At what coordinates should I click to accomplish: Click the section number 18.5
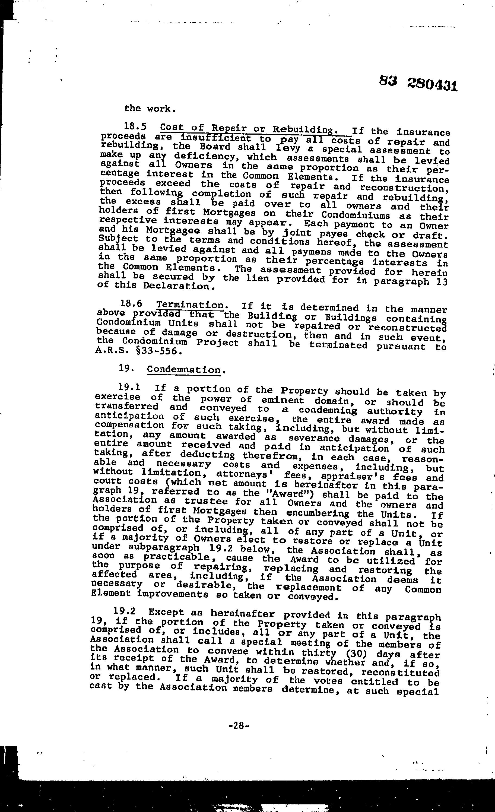click(135, 126)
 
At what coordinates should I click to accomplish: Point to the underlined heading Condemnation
click(183, 369)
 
